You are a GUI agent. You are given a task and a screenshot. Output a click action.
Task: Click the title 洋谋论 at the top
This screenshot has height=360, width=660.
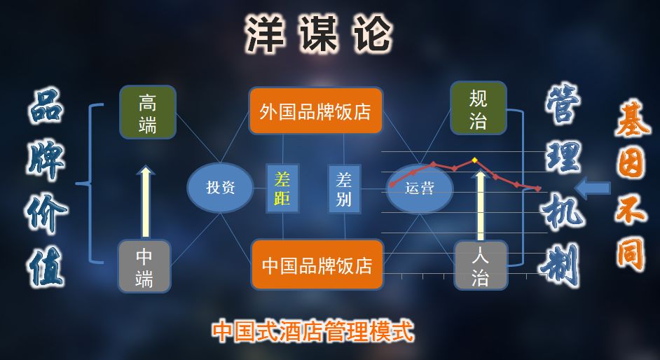pyautogui.click(x=318, y=34)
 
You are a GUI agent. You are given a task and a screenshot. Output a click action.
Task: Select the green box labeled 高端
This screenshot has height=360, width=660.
pyautogui.click(x=148, y=112)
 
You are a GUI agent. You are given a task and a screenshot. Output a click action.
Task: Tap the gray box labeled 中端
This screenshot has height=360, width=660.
pyautogui.click(x=144, y=266)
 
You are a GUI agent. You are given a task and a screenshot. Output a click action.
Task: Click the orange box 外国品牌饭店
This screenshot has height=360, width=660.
pyautogui.click(x=315, y=111)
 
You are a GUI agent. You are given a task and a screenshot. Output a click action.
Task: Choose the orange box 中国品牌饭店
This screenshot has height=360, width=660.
pyautogui.click(x=317, y=265)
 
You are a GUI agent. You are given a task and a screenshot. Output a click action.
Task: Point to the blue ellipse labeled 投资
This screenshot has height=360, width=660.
pyautogui.click(x=220, y=188)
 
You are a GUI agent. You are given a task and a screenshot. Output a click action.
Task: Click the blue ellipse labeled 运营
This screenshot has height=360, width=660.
pyautogui.click(x=420, y=188)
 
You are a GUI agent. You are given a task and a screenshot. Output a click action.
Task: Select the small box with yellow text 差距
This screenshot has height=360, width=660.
pyautogui.click(x=282, y=188)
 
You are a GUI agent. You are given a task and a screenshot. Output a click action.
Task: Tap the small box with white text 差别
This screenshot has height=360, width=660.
pyautogui.click(x=344, y=188)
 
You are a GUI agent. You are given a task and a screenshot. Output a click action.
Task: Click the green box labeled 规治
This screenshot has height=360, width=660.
pyautogui.click(x=479, y=108)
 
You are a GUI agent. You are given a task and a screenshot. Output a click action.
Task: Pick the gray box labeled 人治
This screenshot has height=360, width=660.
pyautogui.click(x=481, y=265)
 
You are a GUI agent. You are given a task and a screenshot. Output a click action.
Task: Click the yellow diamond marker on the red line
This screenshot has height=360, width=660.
pyautogui.click(x=475, y=160)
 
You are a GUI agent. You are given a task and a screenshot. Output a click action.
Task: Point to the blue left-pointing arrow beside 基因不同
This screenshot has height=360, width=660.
pyautogui.click(x=592, y=188)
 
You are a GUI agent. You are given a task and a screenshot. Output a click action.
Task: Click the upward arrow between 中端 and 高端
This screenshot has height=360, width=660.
pyautogui.click(x=146, y=202)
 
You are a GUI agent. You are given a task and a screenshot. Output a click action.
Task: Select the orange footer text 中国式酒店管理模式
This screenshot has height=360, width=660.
pyautogui.click(x=312, y=332)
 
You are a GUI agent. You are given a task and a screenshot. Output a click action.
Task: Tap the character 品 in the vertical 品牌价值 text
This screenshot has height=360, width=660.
pyautogui.click(x=46, y=106)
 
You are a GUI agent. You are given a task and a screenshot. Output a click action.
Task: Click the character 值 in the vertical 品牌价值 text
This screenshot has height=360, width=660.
pyautogui.click(x=46, y=266)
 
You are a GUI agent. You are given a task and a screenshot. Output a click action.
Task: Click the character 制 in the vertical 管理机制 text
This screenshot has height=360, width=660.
pyautogui.click(x=561, y=265)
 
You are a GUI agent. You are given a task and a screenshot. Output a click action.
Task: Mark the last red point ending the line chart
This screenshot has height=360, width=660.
pyautogui.click(x=538, y=188)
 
